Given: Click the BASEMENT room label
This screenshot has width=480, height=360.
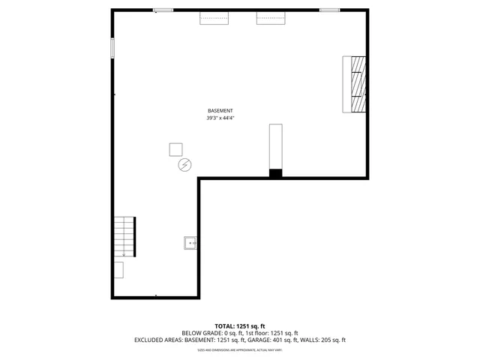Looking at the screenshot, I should [220, 111].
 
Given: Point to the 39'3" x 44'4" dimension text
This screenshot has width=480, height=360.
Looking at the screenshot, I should [220, 118].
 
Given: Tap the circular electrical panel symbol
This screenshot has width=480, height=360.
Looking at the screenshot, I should [184, 165].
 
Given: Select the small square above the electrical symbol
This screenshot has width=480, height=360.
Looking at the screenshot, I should [175, 148].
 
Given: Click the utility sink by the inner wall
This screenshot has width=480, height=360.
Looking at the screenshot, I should [190, 242].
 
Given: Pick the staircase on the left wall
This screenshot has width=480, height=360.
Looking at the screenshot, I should [124, 237].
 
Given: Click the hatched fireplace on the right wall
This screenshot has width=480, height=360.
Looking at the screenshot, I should [358, 84].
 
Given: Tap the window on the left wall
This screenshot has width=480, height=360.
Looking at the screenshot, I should [112, 48].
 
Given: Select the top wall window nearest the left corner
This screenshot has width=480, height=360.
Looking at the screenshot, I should [163, 10].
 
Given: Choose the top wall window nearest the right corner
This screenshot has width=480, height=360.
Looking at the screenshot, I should [329, 10].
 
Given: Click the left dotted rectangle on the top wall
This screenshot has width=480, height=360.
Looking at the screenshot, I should [214, 18].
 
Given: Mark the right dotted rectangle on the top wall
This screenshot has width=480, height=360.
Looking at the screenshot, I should [271, 18].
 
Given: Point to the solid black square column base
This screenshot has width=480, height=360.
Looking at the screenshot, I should [276, 173].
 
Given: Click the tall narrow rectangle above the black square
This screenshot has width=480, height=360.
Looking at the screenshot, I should [276, 146].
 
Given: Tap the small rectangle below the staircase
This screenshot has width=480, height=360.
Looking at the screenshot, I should [119, 270].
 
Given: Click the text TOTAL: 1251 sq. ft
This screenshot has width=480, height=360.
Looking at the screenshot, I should [240, 325].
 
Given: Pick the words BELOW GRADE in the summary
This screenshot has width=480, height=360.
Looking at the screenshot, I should [198, 333].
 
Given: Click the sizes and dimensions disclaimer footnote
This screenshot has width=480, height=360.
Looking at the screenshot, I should [240, 349].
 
